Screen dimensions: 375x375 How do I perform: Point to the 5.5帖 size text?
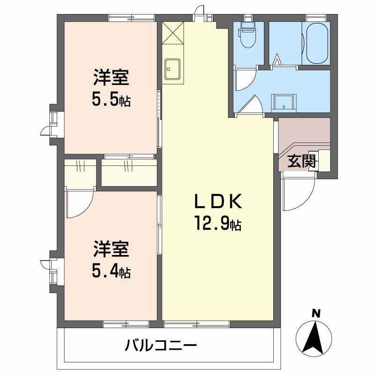pos(111,100)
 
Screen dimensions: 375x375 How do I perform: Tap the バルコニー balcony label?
pos(161,347)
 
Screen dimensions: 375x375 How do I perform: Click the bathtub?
pos(316,44)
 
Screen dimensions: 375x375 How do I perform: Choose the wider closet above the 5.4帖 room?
pos(129,172)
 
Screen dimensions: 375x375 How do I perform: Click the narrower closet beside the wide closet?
pos(80,172)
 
